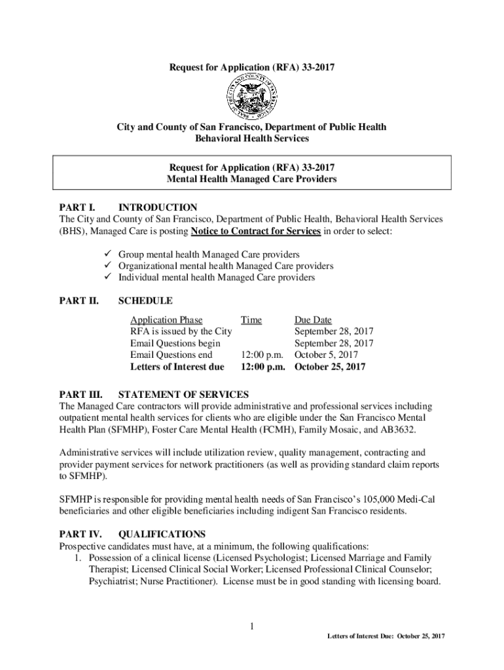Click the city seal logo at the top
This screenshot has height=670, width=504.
252,96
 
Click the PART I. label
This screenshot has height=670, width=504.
76,207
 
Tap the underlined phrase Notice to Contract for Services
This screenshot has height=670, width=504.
256,232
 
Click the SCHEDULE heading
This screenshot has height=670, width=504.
145,301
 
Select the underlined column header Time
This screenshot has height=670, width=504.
251,320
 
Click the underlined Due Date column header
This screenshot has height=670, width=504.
313,320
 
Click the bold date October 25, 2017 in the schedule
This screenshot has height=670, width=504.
330,367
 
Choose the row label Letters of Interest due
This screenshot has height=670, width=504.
177,367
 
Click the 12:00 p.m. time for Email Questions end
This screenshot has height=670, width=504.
263,355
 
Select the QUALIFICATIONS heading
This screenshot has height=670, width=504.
162,534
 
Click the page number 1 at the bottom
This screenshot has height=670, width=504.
251,627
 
